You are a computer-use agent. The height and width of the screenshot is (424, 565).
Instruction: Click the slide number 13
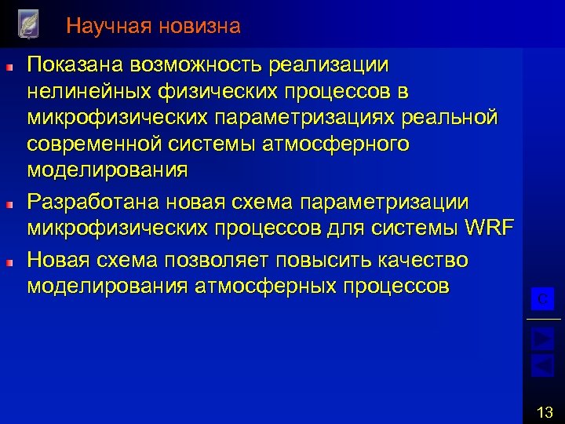[x=544, y=410]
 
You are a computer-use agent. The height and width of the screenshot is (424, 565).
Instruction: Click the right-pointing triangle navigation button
[x=543, y=338]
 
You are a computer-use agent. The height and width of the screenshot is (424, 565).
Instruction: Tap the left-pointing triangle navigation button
[x=543, y=364]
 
